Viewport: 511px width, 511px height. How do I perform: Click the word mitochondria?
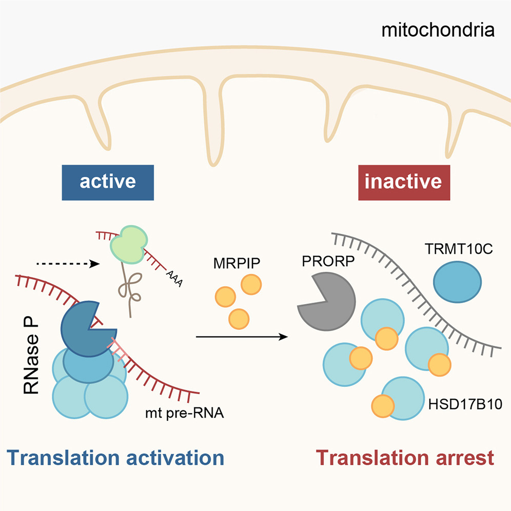pos(438,30)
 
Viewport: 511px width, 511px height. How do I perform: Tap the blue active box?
pos(108,183)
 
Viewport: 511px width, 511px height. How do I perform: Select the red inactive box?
pos(404,183)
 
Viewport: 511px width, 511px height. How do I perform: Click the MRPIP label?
pos(237,263)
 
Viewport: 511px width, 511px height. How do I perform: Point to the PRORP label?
pos(328,261)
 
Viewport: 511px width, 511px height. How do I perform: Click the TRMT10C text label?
pos(459,249)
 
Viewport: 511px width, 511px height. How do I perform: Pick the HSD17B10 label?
pos(465,404)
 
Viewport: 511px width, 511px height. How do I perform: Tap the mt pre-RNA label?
pos(185,413)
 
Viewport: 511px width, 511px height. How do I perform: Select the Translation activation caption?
pos(115,458)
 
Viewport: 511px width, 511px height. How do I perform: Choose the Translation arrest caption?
pos(405,458)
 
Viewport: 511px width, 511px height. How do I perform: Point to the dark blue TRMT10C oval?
pos(457,282)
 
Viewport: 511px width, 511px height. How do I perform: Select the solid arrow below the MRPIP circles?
pos(242,337)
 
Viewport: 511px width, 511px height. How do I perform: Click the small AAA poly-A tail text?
pos(174,279)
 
